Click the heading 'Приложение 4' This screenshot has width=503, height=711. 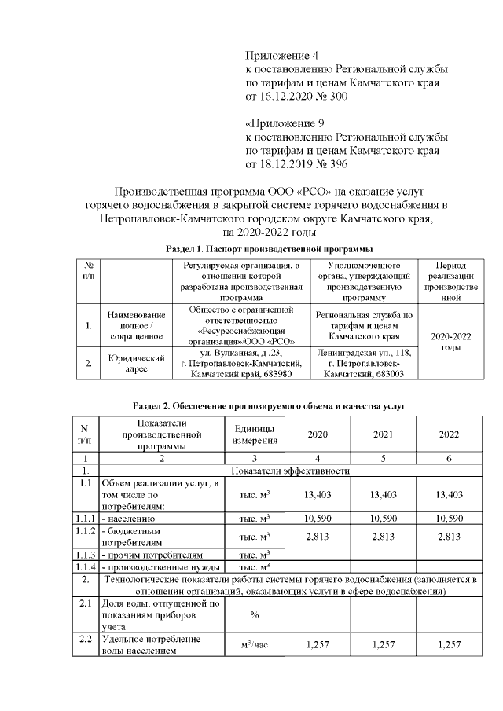pyautogui.click(x=282, y=56)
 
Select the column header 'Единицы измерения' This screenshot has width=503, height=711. pyautogui.click(x=254, y=434)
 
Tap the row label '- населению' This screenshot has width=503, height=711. pyautogui.click(x=130, y=519)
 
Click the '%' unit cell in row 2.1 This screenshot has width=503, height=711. pyautogui.click(x=254, y=615)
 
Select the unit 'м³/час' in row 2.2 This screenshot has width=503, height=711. pyautogui.click(x=254, y=644)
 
